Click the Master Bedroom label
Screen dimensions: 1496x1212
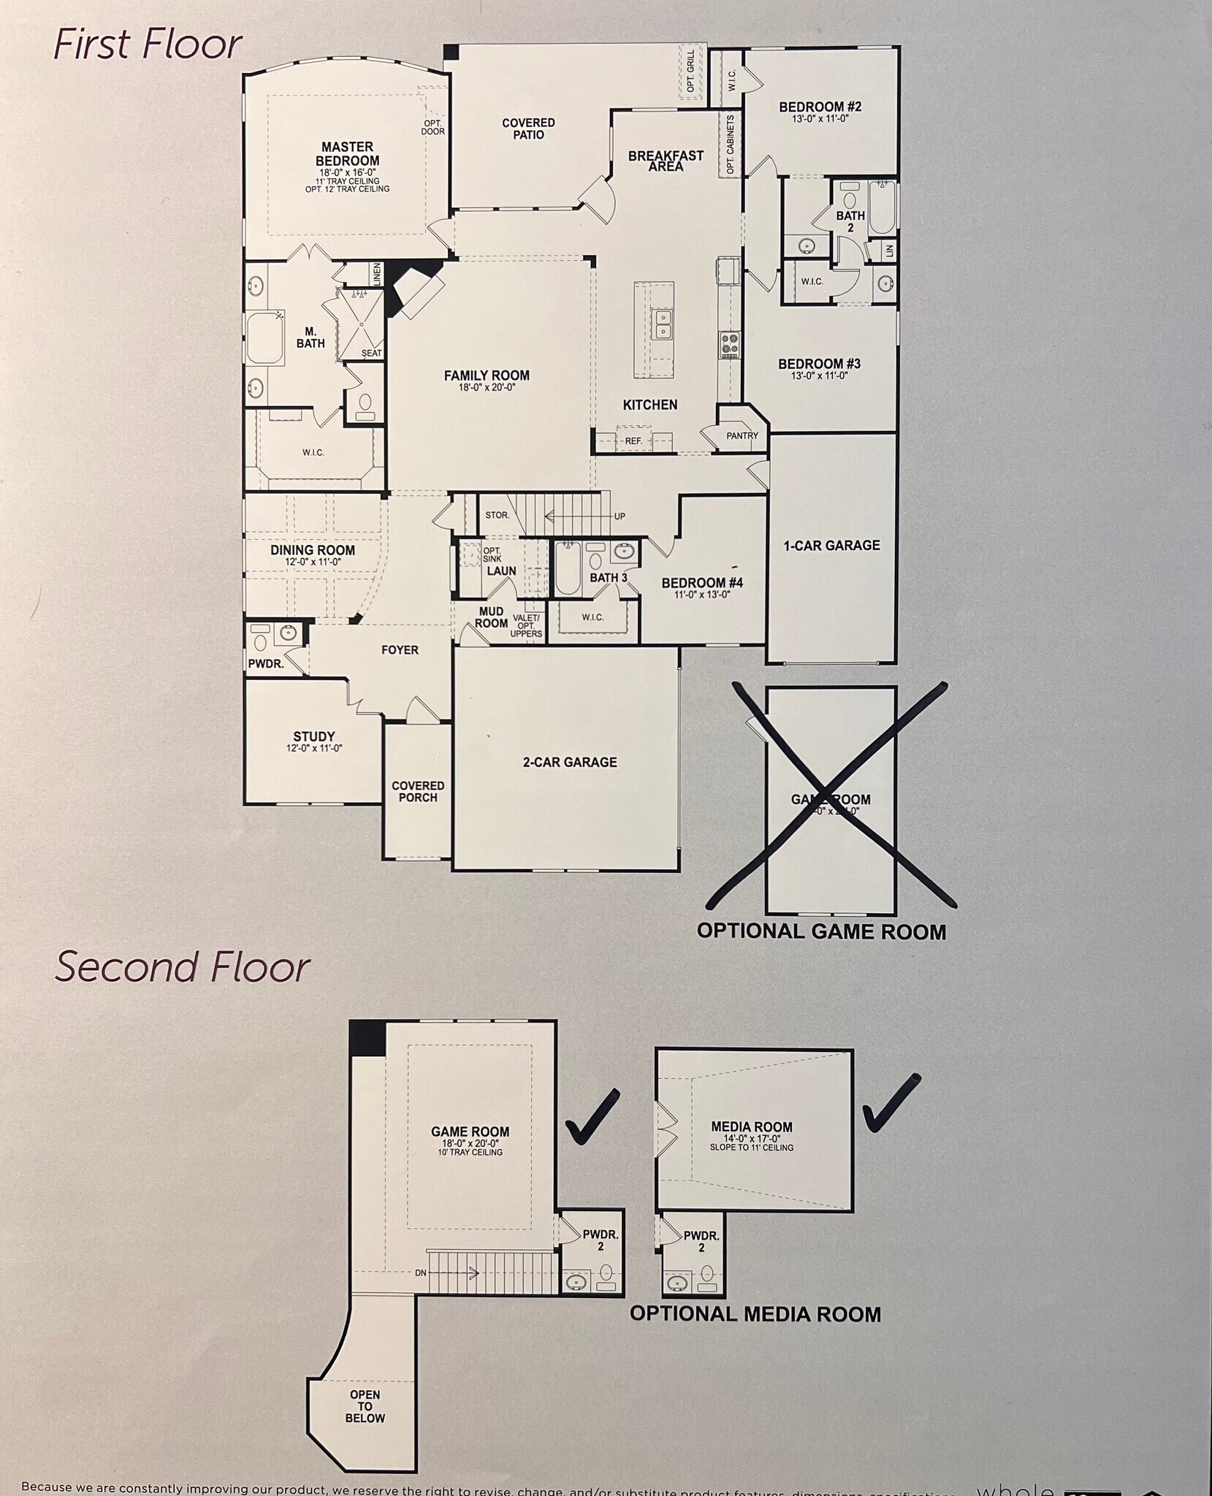pos(347,154)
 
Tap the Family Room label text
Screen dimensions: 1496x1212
pos(487,376)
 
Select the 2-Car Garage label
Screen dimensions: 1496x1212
pos(570,762)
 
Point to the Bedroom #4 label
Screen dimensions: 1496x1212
pos(702,583)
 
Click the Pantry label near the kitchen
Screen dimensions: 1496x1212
pos(742,436)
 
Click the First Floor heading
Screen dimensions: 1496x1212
pos(147,45)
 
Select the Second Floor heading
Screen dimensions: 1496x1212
pos(183,967)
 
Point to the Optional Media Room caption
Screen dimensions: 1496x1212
pos(755,1314)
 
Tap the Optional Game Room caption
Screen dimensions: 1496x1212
pos(821,932)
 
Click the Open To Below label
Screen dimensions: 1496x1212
pos(365,1406)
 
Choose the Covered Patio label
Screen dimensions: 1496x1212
pos(528,129)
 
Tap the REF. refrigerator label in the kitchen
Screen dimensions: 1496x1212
pos(633,441)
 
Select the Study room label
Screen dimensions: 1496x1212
pos(314,737)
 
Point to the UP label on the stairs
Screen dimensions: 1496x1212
pos(620,516)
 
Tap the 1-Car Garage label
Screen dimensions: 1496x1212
pos(831,546)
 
